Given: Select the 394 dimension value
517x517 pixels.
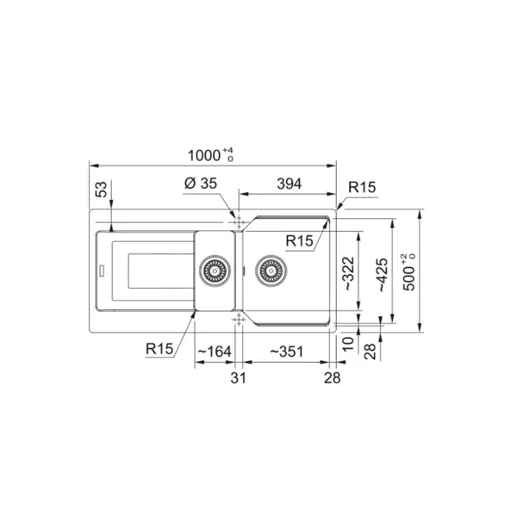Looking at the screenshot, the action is pos(290,184).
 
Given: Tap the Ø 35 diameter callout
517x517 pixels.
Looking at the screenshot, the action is pos(201,184).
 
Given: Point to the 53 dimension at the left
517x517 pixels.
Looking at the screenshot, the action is pos(102,190).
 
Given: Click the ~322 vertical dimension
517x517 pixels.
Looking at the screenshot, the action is pos(349,274).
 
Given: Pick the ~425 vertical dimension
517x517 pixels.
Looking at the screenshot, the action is pos(382,275).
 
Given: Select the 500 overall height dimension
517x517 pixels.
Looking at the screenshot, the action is pos(409,272).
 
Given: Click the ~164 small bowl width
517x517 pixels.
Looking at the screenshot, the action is pos(215,352).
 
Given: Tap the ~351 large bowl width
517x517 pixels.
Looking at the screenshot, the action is pos(287,352).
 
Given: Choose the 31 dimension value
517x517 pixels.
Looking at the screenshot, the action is pos(238,378).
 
